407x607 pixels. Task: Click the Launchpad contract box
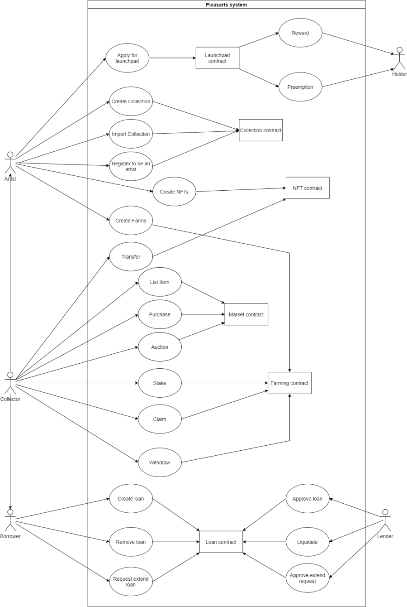pyautogui.click(x=218, y=58)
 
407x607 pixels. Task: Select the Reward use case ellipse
pyautogui.click(x=300, y=33)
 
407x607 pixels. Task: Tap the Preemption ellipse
pyautogui.click(x=300, y=87)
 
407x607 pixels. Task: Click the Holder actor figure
pyautogui.click(x=399, y=58)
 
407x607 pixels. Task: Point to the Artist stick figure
pyautogui.click(x=10, y=163)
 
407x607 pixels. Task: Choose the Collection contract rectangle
pyautogui.click(x=261, y=130)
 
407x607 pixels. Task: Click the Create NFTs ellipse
pyautogui.click(x=174, y=192)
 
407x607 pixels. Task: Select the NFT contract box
pyautogui.click(x=308, y=188)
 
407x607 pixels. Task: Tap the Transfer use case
pyautogui.click(x=131, y=257)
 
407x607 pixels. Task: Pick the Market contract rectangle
pyautogui.click(x=246, y=314)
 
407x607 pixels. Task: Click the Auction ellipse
pyautogui.click(x=160, y=347)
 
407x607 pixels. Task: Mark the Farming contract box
pyautogui.click(x=289, y=383)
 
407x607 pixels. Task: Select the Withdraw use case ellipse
pyautogui.click(x=160, y=462)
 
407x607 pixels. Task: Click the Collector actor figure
pyautogui.click(x=10, y=383)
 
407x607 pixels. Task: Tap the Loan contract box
pyautogui.click(x=221, y=542)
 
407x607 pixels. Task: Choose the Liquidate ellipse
pyautogui.click(x=308, y=542)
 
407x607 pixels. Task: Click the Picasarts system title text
pyautogui.click(x=226, y=5)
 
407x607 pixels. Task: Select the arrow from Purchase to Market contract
pyautogui.click(x=203, y=314)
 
